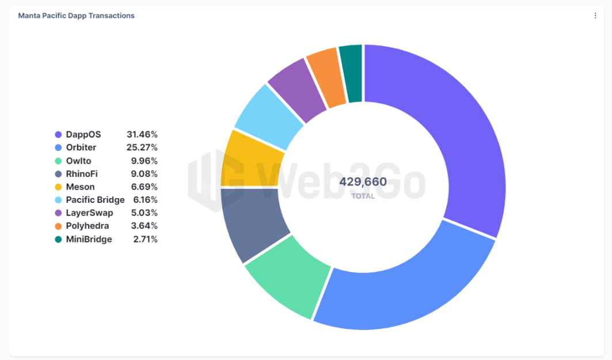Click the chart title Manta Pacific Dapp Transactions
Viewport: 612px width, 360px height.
point(76,16)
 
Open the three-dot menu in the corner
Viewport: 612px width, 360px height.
point(595,16)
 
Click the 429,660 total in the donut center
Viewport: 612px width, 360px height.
point(363,182)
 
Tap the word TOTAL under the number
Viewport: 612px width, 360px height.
point(363,196)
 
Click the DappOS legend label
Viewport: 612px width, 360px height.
point(83,134)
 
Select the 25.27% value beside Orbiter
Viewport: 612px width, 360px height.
point(142,147)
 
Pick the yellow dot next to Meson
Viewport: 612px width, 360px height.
point(58,187)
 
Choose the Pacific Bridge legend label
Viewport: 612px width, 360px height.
point(95,200)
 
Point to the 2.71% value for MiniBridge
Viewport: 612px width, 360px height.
point(145,239)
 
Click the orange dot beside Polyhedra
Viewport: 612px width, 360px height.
point(58,226)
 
